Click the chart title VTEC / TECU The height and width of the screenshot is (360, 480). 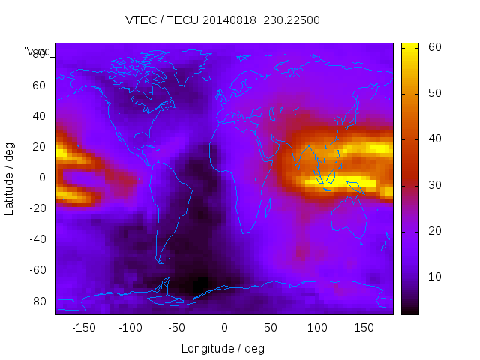tap(223, 20)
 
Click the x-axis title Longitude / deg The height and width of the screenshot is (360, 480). tap(223, 348)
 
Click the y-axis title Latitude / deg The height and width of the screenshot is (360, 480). tap(10, 178)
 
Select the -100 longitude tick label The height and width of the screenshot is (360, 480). tap(130, 327)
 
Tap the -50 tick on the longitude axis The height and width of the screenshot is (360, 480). tap(177, 327)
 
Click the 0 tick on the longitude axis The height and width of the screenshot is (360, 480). tap(224, 327)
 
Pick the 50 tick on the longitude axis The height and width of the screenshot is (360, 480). tap(271, 327)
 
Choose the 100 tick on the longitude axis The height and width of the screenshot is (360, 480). tap(317, 327)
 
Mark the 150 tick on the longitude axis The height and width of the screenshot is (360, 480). tap(364, 327)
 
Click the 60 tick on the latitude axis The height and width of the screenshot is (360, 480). tap(39, 85)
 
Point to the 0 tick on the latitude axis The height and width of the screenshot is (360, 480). tap(43, 178)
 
